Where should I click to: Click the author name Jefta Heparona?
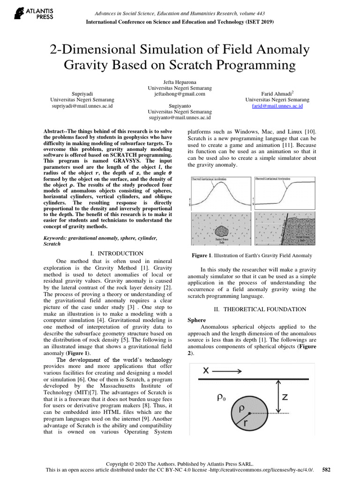[180, 82]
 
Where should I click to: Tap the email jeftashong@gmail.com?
[180, 94]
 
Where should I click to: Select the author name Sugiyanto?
[180, 106]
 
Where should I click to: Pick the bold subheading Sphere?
[196, 320]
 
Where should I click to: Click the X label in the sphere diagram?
[206, 370]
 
